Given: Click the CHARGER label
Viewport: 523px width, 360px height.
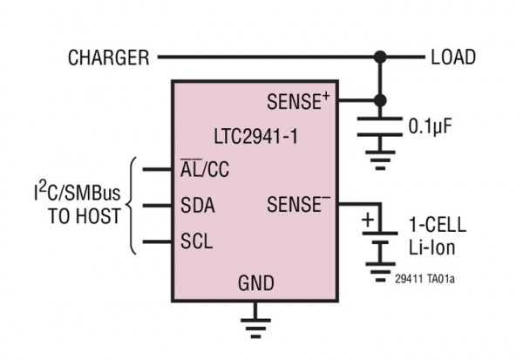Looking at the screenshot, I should click(108, 58).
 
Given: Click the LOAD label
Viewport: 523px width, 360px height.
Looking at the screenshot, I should click(453, 58).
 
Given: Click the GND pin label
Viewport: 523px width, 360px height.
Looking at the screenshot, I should click(255, 283).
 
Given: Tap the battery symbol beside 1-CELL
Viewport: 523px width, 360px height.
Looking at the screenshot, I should click(379, 241).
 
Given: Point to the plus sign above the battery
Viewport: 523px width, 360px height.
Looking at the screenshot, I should click(367, 219).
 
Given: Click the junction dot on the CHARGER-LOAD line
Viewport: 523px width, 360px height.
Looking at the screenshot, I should click(379, 58).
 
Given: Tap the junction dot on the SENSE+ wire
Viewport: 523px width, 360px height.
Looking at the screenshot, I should click(379, 99).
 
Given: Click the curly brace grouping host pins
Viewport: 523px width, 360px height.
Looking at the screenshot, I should click(132, 206).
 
